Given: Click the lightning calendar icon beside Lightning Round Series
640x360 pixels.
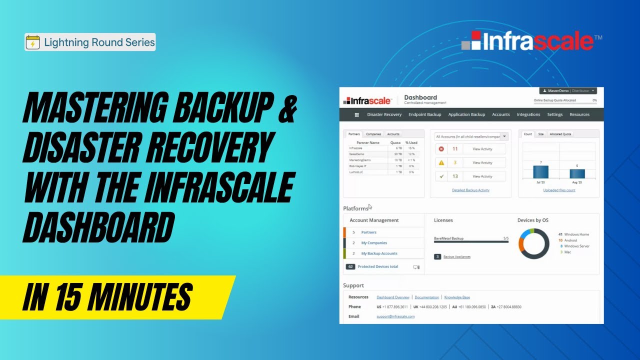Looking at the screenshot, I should pyautogui.click(x=33, y=42).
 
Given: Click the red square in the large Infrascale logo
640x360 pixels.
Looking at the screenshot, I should pyautogui.click(x=475, y=36).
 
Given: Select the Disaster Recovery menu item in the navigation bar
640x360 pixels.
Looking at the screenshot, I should pyautogui.click(x=384, y=114).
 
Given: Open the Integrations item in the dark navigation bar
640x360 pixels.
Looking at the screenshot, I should pyautogui.click(x=528, y=114).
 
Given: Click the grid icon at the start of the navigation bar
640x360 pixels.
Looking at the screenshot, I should pyautogui.click(x=356, y=114).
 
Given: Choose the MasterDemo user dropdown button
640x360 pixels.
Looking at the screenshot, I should pyautogui.click(x=568, y=91).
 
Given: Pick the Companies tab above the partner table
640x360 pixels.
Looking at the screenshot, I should pyautogui.click(x=373, y=134).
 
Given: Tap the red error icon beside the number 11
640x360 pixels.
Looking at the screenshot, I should pyautogui.click(x=441, y=149).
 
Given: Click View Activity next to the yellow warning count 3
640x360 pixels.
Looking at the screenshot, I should pyautogui.click(x=482, y=162).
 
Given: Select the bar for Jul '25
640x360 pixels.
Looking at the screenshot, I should pyautogui.click(x=540, y=171).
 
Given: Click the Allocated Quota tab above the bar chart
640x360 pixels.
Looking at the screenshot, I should pyautogui.click(x=560, y=134).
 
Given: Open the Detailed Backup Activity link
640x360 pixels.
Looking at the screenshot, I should pyautogui.click(x=470, y=190).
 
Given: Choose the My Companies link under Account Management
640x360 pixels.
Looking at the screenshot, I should pyautogui.click(x=374, y=243).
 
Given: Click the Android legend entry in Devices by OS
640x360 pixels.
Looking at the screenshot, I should pyautogui.click(x=570, y=240).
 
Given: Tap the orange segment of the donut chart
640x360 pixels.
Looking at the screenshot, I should pyautogui.click(x=521, y=244).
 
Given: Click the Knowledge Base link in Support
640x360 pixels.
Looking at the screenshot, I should pyautogui.click(x=457, y=297).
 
